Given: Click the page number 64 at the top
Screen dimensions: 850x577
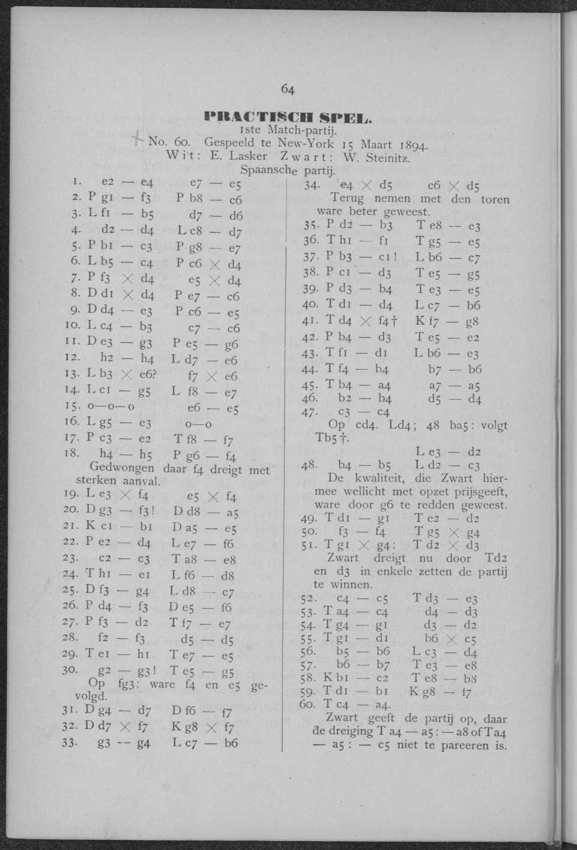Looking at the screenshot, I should [x=288, y=90].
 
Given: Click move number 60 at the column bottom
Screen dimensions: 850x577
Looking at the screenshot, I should [x=309, y=705].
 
